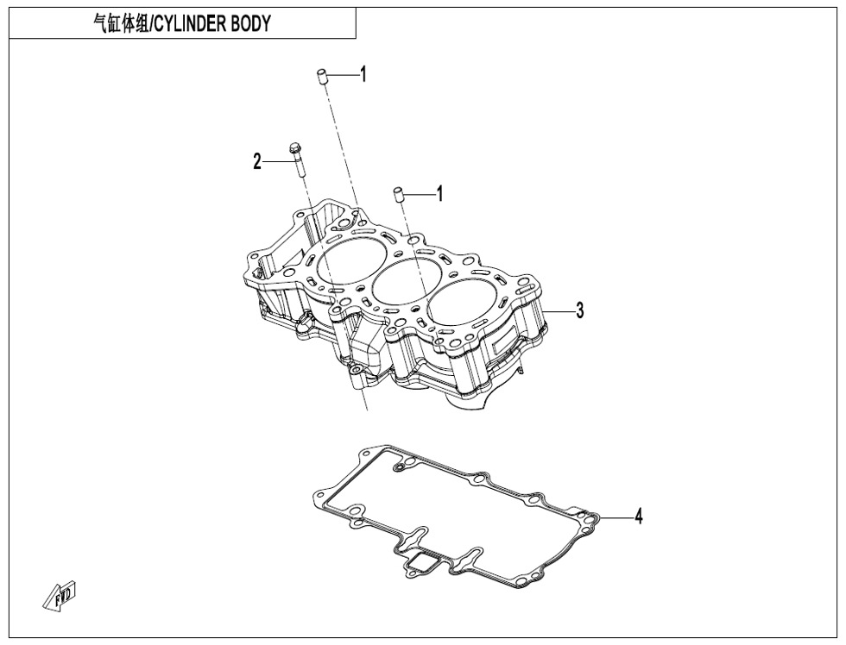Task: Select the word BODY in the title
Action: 251,24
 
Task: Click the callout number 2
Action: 257,161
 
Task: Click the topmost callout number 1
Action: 363,75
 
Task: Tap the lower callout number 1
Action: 440,194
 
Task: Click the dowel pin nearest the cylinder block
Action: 400,195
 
